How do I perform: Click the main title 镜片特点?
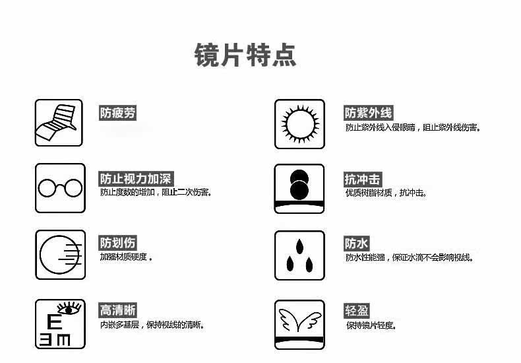click(245, 55)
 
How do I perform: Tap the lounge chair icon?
click(59, 123)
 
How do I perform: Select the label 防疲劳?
click(117, 113)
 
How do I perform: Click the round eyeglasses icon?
click(59, 188)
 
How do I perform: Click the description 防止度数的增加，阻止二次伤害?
click(156, 193)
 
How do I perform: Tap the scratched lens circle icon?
click(59, 255)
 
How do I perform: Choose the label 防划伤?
click(118, 243)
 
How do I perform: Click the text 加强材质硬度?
click(126, 257)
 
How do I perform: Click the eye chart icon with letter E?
click(59, 323)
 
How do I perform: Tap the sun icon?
click(299, 123)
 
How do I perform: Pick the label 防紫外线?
click(368, 114)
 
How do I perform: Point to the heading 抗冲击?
click(362, 179)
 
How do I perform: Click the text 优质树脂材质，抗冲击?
click(386, 193)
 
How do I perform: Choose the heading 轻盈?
click(356, 311)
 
